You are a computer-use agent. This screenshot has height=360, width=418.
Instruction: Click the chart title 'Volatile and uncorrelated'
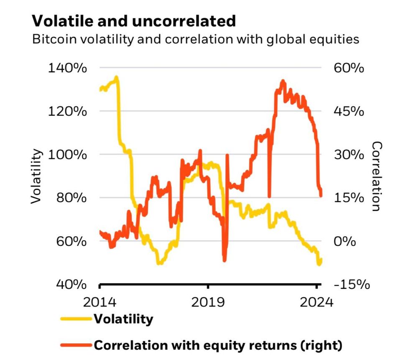tap(134, 21)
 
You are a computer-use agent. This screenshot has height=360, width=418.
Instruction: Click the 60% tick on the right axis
tap(349, 68)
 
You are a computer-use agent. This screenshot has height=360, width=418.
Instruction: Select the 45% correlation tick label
tap(349, 111)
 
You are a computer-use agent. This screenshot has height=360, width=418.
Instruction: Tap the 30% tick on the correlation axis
tap(349, 155)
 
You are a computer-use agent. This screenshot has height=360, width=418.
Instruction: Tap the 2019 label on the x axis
tap(208, 302)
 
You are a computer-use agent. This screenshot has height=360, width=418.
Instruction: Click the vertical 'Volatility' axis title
tap(36, 176)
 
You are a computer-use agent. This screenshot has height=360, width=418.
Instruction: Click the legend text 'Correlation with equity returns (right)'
tap(218, 345)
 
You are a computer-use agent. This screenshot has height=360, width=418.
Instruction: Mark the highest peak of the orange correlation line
tap(283, 81)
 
